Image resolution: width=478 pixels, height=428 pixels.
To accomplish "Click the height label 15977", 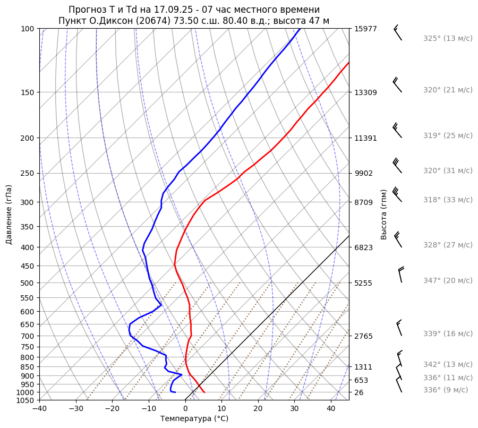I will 365,29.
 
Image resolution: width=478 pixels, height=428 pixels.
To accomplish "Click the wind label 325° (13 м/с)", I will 447,38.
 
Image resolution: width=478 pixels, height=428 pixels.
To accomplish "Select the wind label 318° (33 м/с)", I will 447,200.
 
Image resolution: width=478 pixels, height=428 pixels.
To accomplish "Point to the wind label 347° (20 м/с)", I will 447,280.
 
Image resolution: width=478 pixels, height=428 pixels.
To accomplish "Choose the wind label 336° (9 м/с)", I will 445,390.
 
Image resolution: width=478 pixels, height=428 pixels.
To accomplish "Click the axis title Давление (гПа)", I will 9,215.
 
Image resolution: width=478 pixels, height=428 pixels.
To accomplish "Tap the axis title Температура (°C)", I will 194,419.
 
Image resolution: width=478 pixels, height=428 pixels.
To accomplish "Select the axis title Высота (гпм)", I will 384,214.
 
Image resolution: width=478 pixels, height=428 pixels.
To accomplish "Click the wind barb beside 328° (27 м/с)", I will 397,240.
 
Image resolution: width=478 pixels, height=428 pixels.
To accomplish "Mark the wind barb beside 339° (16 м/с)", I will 399,328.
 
